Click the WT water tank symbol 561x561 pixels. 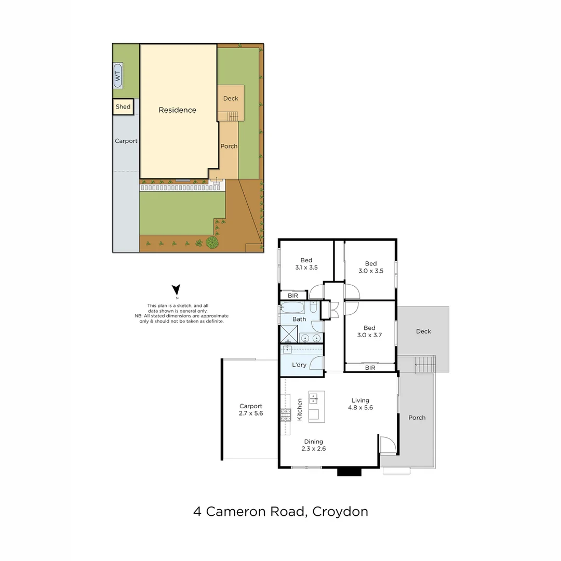[117, 76]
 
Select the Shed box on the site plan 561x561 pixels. [123, 106]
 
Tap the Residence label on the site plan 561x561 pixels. [177, 110]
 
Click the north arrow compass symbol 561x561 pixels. [177, 290]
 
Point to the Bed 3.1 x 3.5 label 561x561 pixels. [306, 264]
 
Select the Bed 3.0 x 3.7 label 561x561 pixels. [369, 331]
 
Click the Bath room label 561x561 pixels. [299, 319]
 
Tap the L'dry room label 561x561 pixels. [299, 365]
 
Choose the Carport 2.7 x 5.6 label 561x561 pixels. [251, 410]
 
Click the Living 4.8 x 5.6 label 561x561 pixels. [360, 404]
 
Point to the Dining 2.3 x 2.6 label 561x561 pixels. [314, 445]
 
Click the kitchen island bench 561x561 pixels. [316, 407]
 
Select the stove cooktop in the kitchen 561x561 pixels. [286, 414]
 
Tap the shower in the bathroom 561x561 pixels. [288, 333]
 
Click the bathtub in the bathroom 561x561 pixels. [295, 306]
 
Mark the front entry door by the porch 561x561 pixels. [388, 446]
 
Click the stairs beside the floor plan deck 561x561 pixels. [425, 364]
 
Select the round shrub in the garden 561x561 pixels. [212, 242]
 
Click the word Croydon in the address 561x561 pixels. [341, 511]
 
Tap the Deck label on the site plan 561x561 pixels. [231, 98]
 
